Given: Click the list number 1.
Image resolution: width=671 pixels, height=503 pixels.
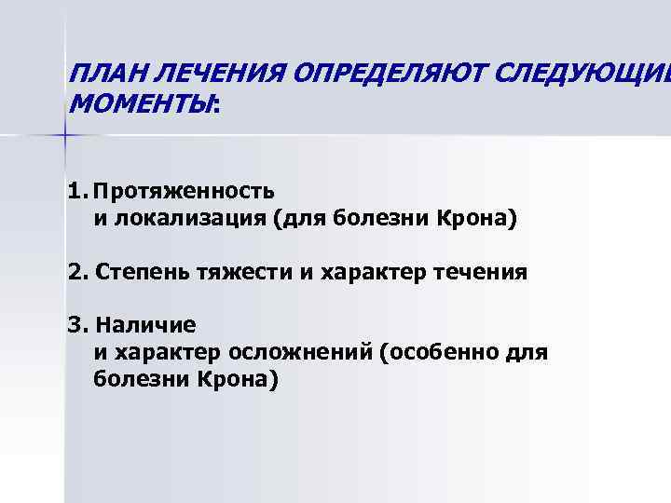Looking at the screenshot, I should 75,192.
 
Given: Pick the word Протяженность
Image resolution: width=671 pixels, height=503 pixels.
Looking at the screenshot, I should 184,192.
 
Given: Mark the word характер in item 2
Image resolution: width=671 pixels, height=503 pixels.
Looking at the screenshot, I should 362,273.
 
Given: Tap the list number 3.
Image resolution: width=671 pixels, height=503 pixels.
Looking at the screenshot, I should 75,326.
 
